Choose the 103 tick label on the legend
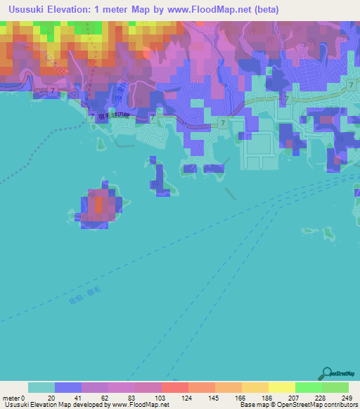click(x=160, y=397)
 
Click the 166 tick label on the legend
click(x=241, y=397)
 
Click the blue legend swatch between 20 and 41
click(x=68, y=387)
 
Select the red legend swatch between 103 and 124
click(x=174, y=387)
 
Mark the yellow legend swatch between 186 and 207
click(x=281, y=387)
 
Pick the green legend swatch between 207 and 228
click(x=308, y=387)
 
